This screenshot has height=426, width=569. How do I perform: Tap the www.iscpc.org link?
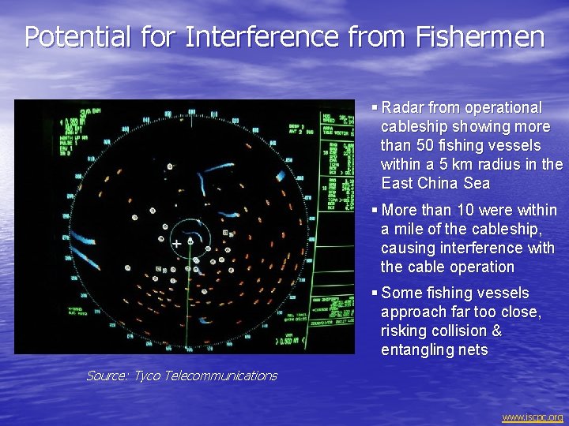[533, 417]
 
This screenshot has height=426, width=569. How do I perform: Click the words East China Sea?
[435, 183]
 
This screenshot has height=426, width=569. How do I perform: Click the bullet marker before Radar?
[375, 107]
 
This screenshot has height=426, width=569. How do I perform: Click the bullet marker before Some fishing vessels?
[375, 293]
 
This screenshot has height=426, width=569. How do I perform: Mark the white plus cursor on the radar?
[176, 245]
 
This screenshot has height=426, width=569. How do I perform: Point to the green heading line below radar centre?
[188, 308]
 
